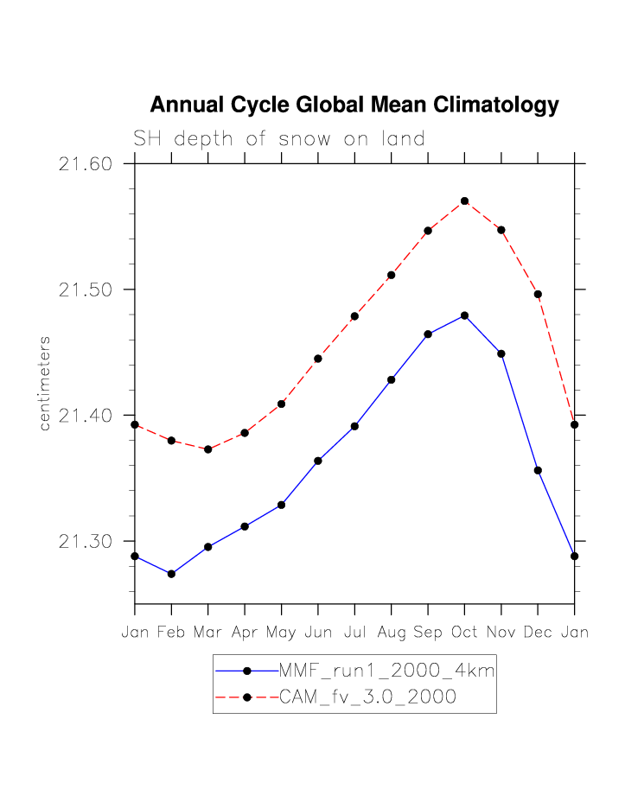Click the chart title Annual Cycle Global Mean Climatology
[x=354, y=105]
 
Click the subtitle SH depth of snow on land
[x=278, y=138]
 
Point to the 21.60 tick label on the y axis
[x=86, y=163]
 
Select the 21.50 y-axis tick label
[x=86, y=289]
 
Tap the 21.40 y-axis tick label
[x=86, y=416]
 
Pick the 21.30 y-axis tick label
[x=86, y=542]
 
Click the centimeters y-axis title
[x=45, y=384]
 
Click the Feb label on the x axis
[x=171, y=633]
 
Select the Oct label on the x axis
[x=464, y=633]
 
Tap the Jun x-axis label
[x=318, y=633]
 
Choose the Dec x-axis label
[x=538, y=633]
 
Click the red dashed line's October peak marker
[x=465, y=201]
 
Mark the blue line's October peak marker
[x=465, y=315]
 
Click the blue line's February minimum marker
[x=171, y=574]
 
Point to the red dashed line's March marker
[x=208, y=449]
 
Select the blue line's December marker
[x=538, y=470]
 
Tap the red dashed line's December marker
[x=538, y=295]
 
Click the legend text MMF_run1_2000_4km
[x=386, y=671]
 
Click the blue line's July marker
[x=354, y=426]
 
